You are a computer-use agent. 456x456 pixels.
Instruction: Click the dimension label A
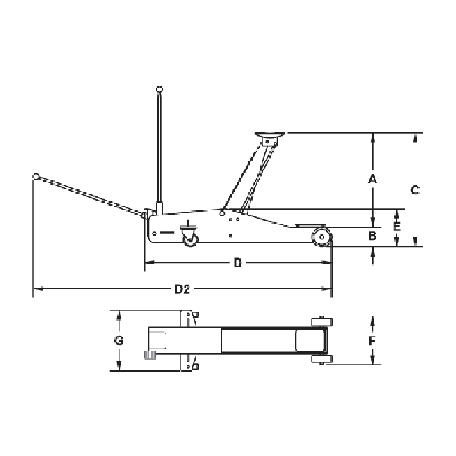pyautogui.click(x=373, y=178)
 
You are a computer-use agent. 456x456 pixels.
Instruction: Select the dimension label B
pyautogui.click(x=373, y=236)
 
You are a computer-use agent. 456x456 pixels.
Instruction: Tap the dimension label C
pyautogui.click(x=415, y=189)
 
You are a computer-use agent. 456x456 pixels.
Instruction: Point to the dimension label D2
pyautogui.click(x=182, y=288)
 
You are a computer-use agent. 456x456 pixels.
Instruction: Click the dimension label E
pyautogui.click(x=397, y=227)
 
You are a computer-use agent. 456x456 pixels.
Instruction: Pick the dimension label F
pyautogui.click(x=373, y=341)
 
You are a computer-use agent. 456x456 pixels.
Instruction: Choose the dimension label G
pyautogui.click(x=119, y=341)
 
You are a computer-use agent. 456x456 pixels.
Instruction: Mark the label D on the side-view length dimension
pyautogui.click(x=237, y=263)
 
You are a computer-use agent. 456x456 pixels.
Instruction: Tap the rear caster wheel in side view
pyautogui.click(x=190, y=239)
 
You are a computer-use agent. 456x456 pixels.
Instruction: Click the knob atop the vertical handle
pyautogui.click(x=161, y=89)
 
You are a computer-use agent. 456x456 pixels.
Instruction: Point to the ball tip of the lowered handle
pyautogui.click(x=34, y=176)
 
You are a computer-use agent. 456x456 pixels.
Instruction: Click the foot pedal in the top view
pyautogui.click(x=149, y=356)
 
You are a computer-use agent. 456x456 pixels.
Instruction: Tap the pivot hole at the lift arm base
pyautogui.click(x=222, y=213)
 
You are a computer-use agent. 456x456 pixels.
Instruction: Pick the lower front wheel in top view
pyautogui.click(x=320, y=361)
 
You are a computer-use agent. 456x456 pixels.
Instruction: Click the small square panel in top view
pyautogui.click(x=158, y=340)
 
